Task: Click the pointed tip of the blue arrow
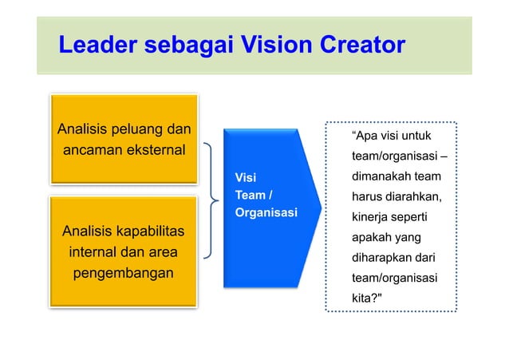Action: (x=320, y=206)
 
